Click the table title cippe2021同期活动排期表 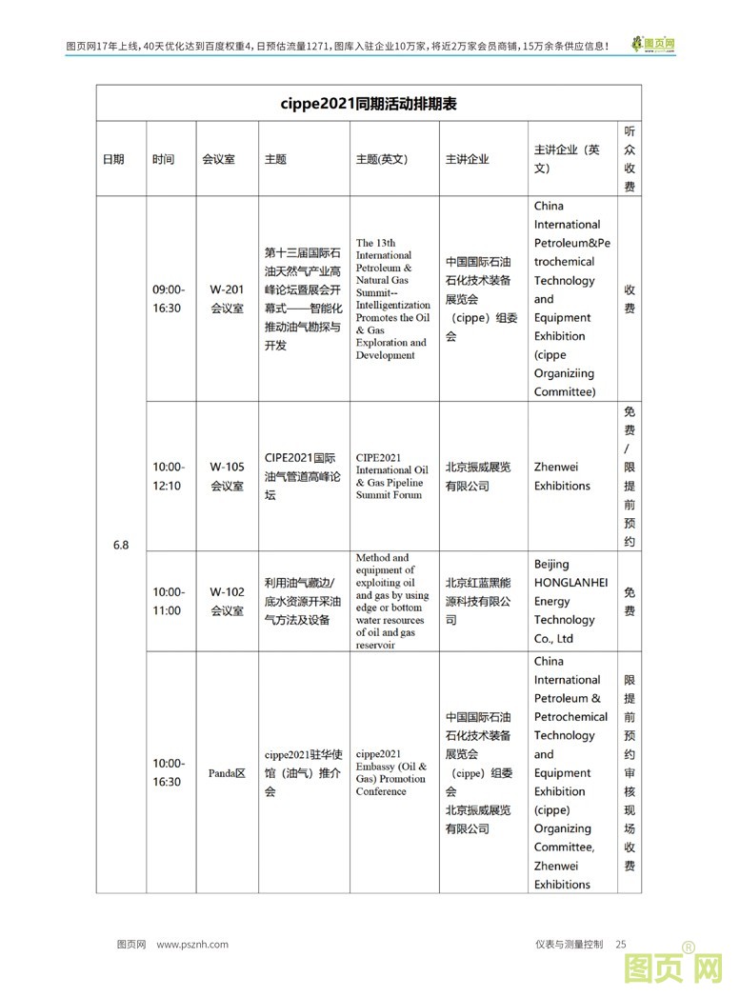[369, 104]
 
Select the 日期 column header [113, 159]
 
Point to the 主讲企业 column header [467, 159]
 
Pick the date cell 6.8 [121, 545]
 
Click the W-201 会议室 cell [227, 298]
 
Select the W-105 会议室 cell [227, 476]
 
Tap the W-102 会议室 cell [227, 601]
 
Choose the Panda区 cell [227, 772]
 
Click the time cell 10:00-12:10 [170, 476]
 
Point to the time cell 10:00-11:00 [170, 601]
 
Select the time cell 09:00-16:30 [170, 298]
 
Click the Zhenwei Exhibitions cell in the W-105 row [562, 476]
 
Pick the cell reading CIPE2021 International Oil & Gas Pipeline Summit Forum [391, 476]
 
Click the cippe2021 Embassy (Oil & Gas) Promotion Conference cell [391, 772]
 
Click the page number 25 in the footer [621, 944]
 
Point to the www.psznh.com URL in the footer [192, 944]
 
